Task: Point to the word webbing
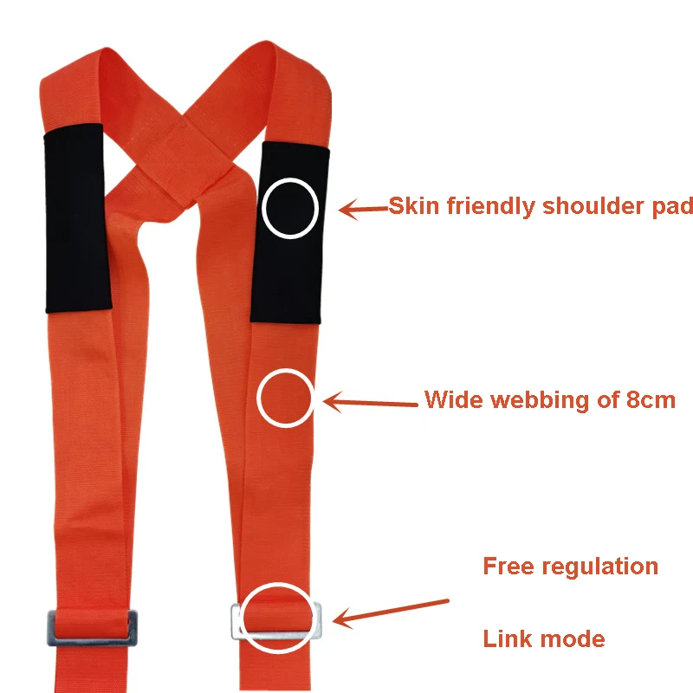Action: [x=541, y=400]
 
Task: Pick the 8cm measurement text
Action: [x=651, y=400]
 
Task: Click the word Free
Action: [x=508, y=567]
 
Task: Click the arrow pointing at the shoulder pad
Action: [x=364, y=209]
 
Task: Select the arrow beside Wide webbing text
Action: [x=371, y=402]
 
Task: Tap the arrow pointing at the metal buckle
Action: [x=391, y=612]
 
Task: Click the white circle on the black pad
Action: [x=262, y=208]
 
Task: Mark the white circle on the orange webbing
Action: [x=257, y=398]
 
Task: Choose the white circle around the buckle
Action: [x=243, y=618]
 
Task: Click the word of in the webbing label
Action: [x=608, y=399]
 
